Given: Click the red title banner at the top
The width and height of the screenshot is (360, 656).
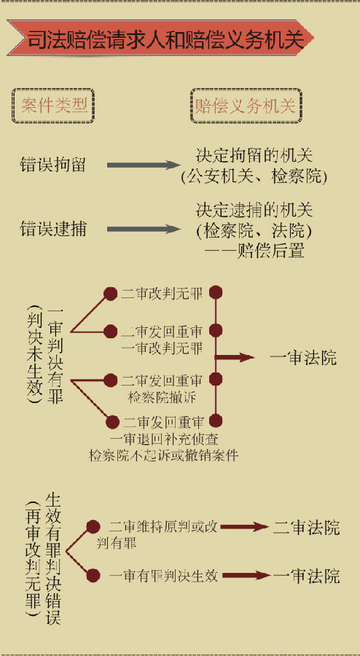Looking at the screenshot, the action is coord(161,38).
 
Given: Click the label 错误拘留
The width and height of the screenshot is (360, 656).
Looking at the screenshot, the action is coord(52,165).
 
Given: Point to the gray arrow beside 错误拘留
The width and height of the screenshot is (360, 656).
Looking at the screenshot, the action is coord(144,165).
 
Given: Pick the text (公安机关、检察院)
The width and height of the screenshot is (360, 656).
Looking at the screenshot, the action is coord(254,176).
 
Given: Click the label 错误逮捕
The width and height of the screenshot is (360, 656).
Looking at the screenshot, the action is coord(52,229).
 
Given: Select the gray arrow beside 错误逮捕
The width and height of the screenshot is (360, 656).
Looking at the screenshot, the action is coord(144,229).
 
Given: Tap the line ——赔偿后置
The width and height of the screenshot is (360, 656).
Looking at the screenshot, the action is coord(254,251).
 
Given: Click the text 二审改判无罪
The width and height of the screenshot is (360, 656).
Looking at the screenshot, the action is coord(162,294).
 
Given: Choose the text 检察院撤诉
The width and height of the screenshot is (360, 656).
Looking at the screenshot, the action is coord(162,397).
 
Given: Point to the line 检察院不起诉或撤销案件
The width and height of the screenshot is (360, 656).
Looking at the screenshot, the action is coord(163,454).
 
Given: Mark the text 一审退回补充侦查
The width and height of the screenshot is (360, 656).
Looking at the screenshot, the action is coord(163,439).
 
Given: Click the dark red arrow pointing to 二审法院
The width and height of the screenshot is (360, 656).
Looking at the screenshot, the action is coord(244,527).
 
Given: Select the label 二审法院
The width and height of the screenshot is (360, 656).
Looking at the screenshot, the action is coord(307,528).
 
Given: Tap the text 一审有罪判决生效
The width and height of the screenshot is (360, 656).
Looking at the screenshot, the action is coord(163,576).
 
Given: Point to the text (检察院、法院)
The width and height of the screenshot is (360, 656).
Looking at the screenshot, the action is coord(254,231).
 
